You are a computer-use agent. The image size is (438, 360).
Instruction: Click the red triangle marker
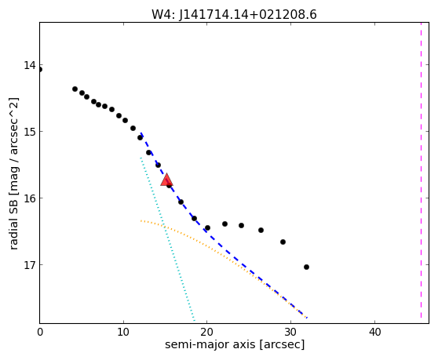166,180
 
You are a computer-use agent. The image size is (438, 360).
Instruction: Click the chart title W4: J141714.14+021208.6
234,14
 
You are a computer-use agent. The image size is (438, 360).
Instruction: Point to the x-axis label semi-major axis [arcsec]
235,344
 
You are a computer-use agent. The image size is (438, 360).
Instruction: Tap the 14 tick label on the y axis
30,65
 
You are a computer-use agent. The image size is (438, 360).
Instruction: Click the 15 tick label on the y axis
30,132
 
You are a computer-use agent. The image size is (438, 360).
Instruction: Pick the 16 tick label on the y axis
30,198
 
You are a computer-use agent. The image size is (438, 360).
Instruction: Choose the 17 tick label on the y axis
30,265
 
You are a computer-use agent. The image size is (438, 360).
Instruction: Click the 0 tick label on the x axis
40,332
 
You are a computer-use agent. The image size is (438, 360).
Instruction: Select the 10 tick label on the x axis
123,332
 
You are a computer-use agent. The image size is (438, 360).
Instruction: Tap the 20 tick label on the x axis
207,332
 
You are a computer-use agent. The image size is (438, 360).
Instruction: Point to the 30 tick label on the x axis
290,332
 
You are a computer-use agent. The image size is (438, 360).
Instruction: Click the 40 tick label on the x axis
374,332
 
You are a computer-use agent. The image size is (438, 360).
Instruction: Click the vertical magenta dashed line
421,170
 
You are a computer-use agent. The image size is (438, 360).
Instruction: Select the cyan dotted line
168,239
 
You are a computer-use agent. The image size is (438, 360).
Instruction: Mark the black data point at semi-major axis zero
40,70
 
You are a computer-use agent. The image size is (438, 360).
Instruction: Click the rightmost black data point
306,267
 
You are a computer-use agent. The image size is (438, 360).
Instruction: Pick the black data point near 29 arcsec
283,242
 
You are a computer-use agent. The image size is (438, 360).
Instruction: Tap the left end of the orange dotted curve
141,220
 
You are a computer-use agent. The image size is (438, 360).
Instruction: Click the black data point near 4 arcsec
75,89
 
